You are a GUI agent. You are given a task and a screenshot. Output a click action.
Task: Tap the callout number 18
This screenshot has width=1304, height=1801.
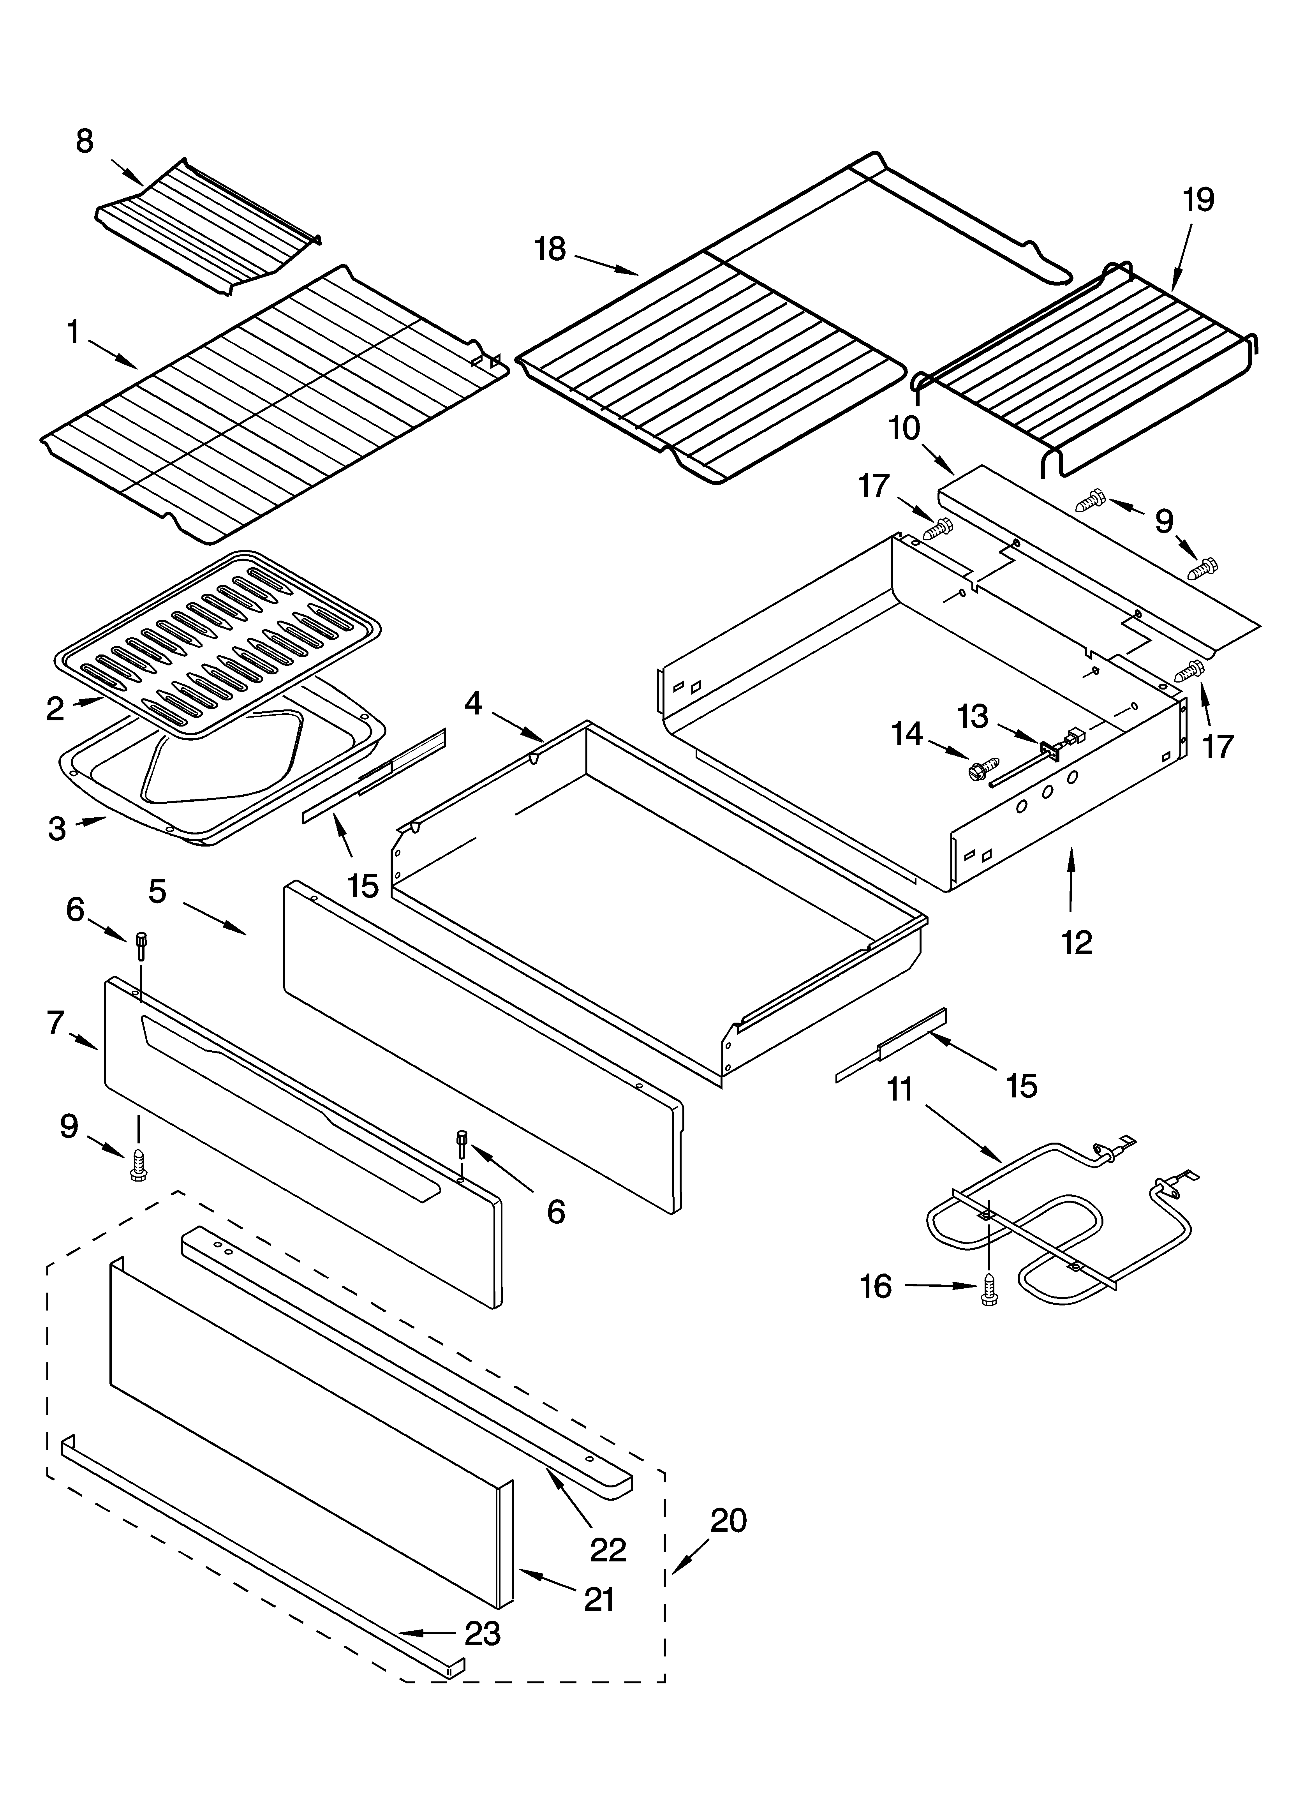point(550,249)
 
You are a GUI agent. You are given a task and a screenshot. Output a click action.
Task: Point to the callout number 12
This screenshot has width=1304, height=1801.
point(1077,942)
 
